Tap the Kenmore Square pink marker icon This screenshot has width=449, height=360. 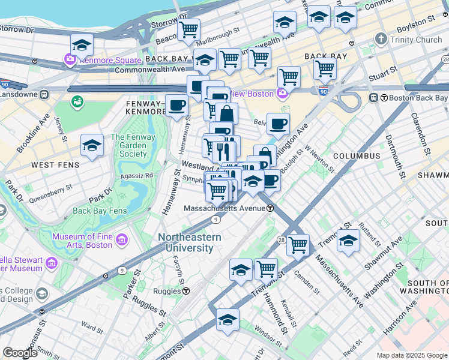(x=70, y=61)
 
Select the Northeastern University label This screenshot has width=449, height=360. (x=189, y=242)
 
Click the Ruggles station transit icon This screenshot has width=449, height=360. (x=186, y=291)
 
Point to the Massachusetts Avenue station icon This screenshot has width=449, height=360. (x=271, y=208)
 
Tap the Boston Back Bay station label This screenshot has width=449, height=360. (x=417, y=97)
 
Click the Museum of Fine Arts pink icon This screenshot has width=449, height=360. (x=122, y=241)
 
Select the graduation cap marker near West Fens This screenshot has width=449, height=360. (x=92, y=145)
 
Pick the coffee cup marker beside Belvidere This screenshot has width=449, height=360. (x=278, y=124)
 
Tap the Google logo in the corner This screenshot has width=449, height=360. (x=20, y=353)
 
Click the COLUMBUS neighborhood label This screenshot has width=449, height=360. (x=357, y=156)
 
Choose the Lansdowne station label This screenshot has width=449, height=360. (x=18, y=95)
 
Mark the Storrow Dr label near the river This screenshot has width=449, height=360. (x=17, y=29)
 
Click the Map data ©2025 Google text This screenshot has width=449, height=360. (x=411, y=355)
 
